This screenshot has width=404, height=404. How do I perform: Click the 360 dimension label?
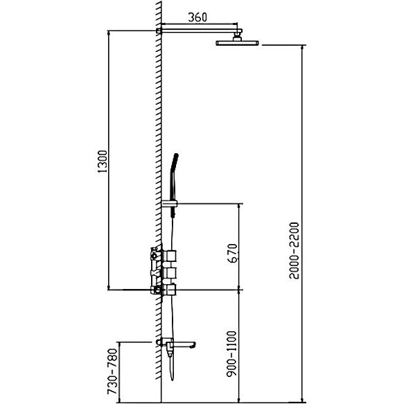point(197,17)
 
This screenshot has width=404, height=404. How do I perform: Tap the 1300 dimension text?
point(102,161)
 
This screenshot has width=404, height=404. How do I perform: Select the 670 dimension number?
point(233,253)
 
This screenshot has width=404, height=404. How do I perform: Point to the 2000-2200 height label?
point(294,251)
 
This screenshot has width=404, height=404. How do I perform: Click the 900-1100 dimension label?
point(231,353)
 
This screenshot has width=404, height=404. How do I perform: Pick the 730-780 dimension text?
point(112,371)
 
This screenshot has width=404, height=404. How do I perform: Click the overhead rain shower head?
point(237,43)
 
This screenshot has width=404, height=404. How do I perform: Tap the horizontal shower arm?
point(200,30)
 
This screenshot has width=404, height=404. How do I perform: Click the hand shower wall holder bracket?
point(170,204)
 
